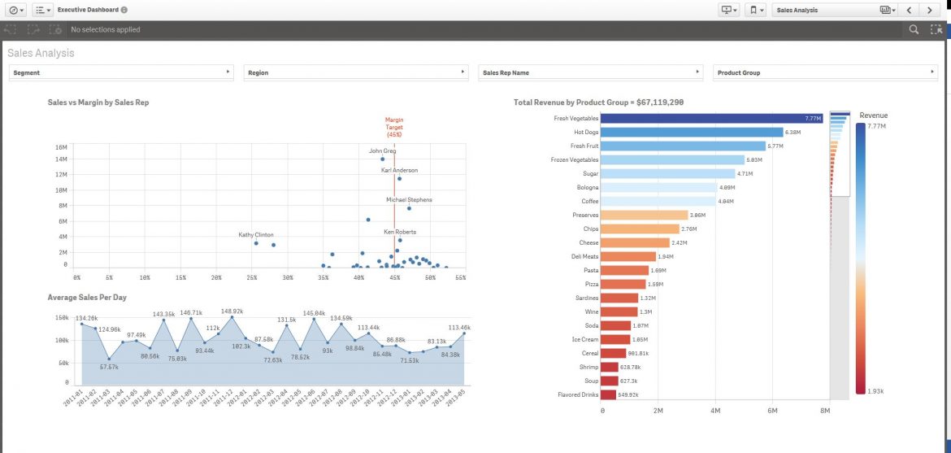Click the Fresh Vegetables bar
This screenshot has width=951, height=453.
coord(713,119)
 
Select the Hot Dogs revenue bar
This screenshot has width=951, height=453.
coord(692,132)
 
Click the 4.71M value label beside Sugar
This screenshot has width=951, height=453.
coord(745,174)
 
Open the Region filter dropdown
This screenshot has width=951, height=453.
coord(356,72)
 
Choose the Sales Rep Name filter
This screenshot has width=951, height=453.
coord(590,72)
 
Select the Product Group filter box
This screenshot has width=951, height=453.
coord(824,72)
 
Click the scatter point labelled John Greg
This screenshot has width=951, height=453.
coord(383,159)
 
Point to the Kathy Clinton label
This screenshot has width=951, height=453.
coord(256,234)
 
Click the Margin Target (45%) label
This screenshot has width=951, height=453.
coord(394,127)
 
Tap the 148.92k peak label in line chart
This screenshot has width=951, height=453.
coord(232,311)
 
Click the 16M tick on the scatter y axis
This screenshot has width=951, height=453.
coord(60,147)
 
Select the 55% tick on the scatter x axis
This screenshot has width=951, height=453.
coord(460,277)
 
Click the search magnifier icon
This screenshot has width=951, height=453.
coord(914,29)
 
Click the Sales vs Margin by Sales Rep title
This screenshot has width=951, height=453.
coord(98,103)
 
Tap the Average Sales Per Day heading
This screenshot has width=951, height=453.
coord(87,298)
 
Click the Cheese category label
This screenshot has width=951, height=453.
coord(588,242)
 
